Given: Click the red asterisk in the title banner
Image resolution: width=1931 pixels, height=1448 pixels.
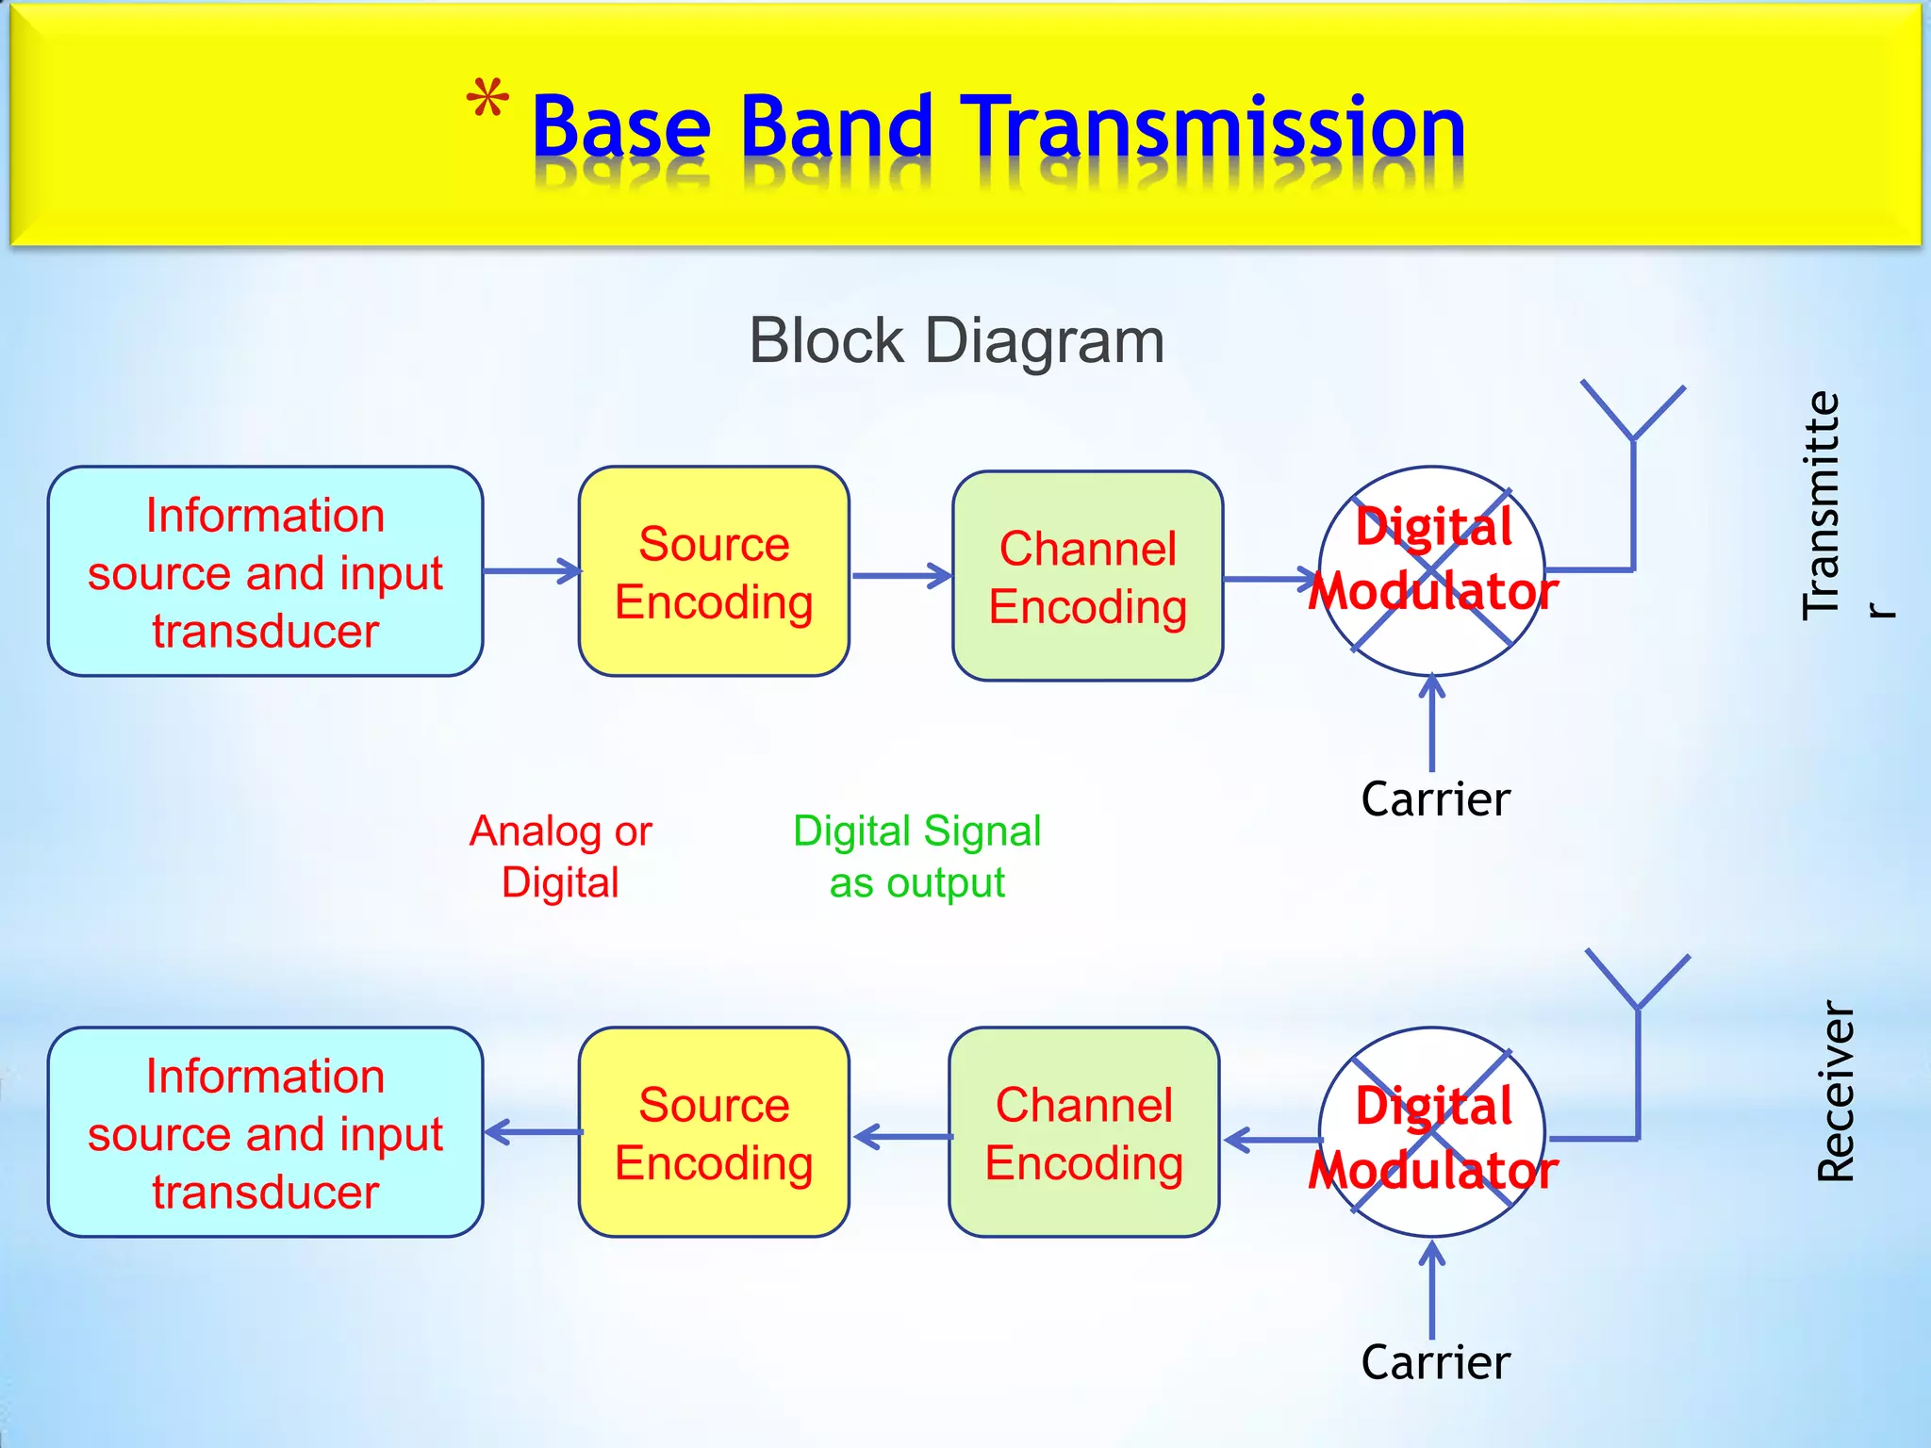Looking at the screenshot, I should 487,100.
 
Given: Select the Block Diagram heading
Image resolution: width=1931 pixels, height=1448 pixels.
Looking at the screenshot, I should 956,340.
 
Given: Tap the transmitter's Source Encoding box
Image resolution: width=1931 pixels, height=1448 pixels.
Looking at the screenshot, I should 714,571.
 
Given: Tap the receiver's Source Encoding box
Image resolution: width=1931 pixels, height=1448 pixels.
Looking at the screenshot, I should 714,1132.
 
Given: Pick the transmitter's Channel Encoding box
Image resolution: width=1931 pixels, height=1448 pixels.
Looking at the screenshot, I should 1087,576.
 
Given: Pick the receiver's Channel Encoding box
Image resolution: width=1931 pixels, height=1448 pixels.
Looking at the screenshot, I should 1083,1132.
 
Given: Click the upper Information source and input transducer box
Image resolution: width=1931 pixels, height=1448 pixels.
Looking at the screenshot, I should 265,571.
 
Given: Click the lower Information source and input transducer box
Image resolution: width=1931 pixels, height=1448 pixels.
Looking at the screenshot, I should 265,1132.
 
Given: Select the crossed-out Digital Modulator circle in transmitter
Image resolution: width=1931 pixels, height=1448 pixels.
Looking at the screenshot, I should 1431,570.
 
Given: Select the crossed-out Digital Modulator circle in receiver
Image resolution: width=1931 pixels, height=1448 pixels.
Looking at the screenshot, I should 1431,1132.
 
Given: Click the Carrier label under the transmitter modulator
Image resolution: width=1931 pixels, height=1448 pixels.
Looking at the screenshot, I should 1435,799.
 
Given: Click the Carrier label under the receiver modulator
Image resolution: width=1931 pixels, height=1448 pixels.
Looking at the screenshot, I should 1435,1362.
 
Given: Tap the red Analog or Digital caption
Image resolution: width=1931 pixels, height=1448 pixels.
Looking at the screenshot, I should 560,856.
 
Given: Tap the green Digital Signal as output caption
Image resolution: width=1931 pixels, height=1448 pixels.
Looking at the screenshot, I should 916,856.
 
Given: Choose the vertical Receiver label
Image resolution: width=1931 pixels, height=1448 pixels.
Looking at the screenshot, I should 1835,1091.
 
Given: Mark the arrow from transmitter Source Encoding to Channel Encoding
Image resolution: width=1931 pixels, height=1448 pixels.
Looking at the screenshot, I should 900,576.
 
